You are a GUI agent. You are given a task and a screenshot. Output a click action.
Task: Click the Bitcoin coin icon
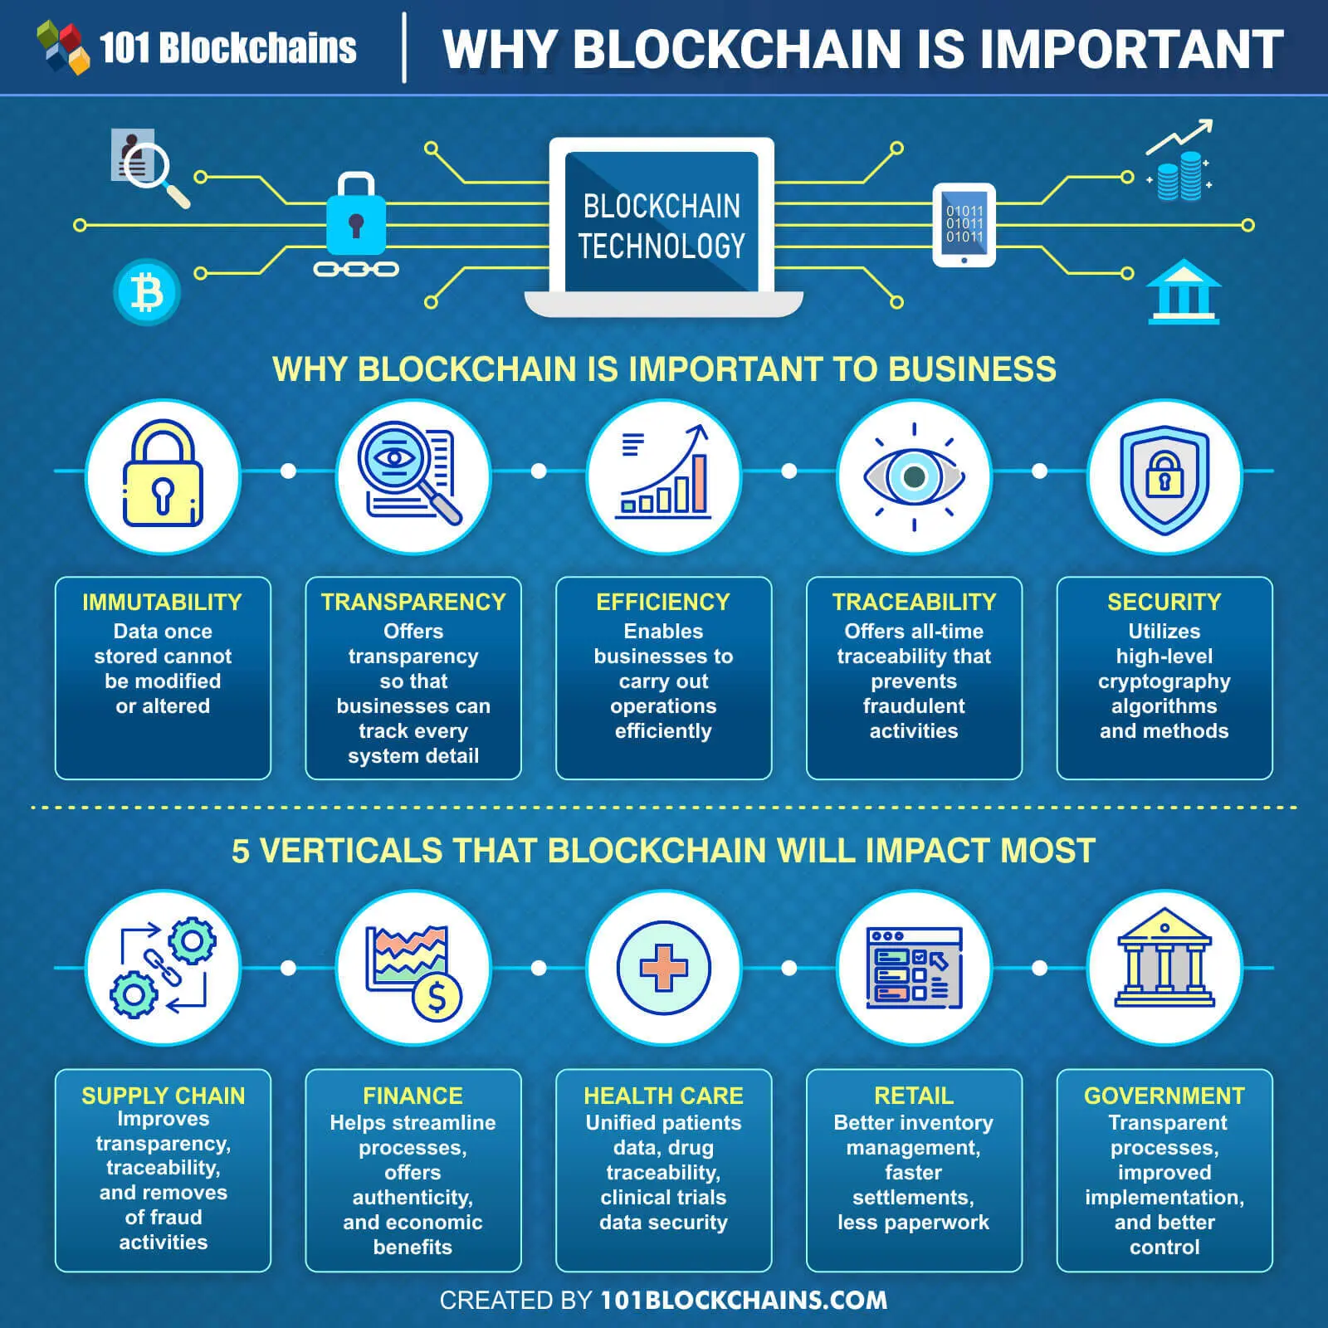click(147, 292)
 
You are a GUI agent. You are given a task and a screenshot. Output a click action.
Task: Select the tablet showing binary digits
click(964, 225)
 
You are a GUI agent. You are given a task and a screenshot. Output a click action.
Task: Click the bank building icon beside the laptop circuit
click(1183, 291)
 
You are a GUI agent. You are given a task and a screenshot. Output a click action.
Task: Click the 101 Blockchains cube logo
click(63, 47)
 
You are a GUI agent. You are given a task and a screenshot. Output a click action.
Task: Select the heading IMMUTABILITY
click(163, 602)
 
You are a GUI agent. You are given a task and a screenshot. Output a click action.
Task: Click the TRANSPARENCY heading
click(413, 602)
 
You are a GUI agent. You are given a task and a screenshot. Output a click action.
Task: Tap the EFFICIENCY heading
click(663, 602)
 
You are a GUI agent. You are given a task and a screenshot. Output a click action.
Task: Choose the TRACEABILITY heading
click(914, 602)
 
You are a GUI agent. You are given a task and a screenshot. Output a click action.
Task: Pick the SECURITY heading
click(1164, 602)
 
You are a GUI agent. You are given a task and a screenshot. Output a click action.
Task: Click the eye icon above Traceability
click(914, 476)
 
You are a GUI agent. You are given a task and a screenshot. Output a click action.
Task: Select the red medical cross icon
click(664, 968)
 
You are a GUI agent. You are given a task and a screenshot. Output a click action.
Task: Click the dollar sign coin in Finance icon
click(437, 997)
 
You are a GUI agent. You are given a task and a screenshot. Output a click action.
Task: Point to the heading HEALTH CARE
click(663, 1096)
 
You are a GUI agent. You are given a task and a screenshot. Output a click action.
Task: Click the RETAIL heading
click(914, 1096)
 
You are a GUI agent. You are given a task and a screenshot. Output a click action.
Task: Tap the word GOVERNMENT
click(1164, 1096)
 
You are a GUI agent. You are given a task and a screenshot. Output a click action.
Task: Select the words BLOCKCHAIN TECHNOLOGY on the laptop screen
click(662, 226)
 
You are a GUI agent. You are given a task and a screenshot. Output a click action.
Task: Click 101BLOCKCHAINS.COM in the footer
click(744, 1300)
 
